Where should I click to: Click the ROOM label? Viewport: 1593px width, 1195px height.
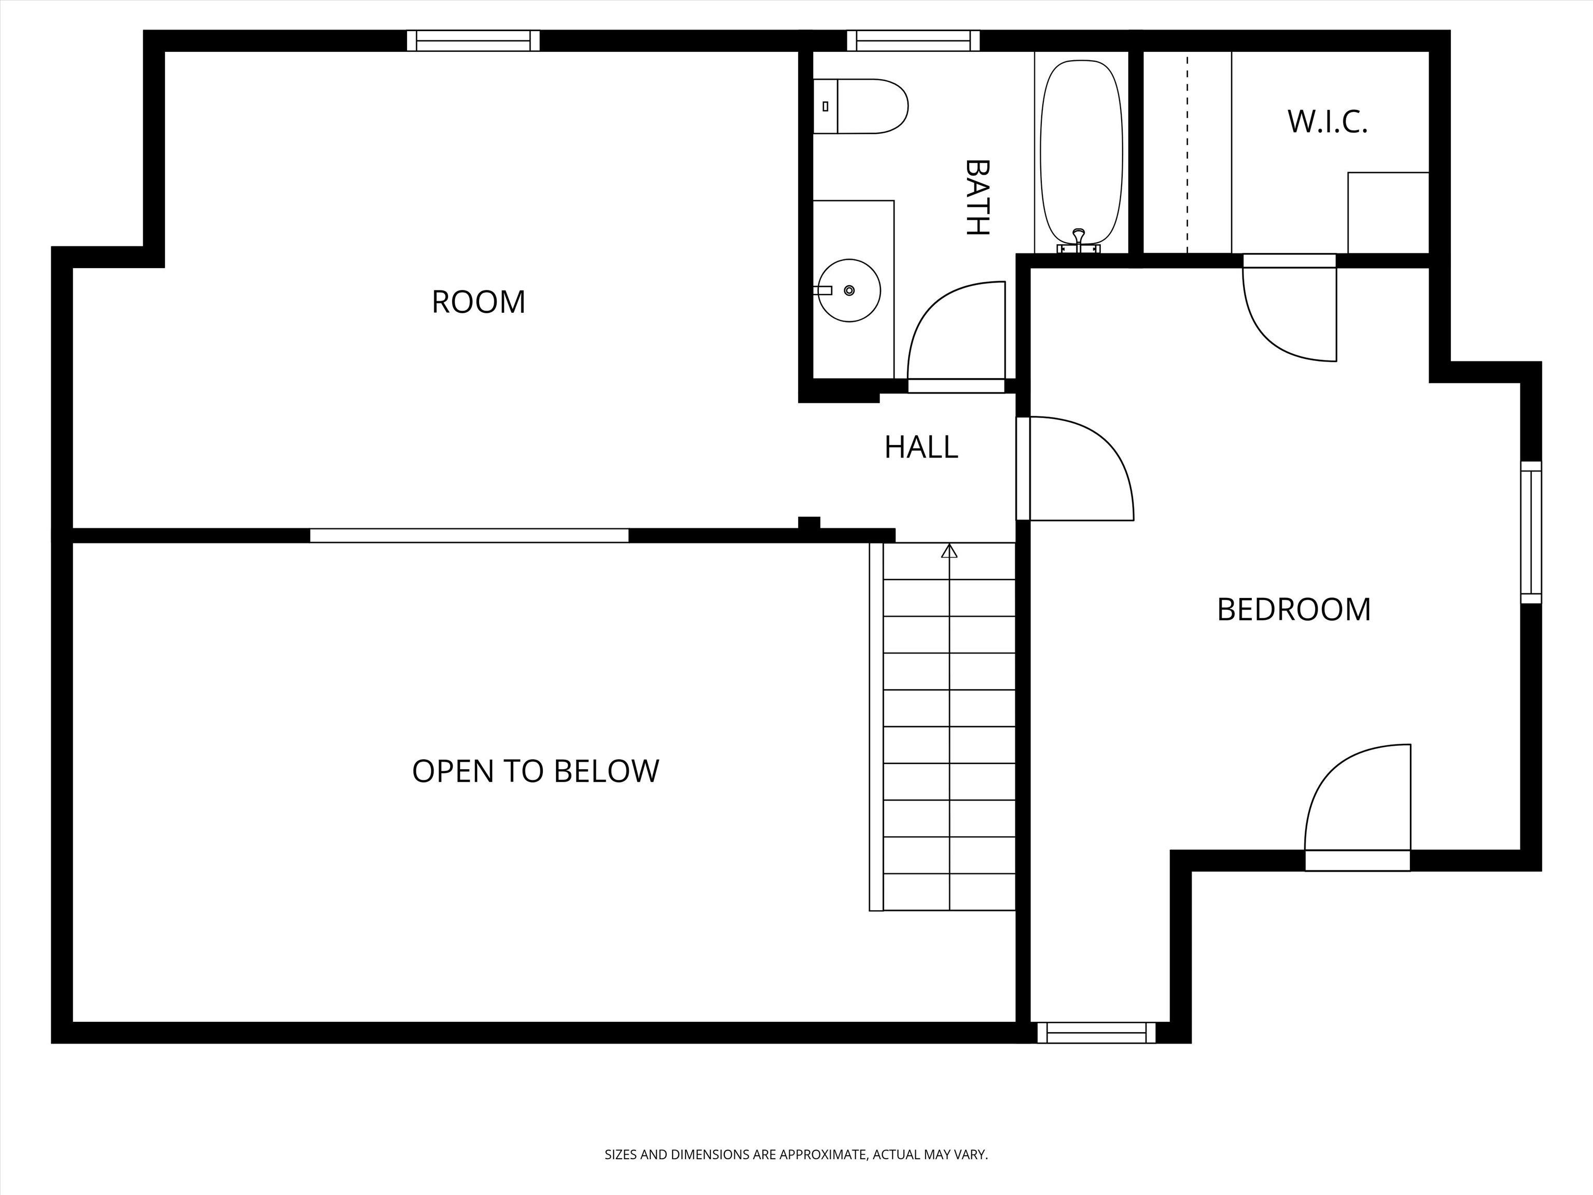pyautogui.click(x=478, y=302)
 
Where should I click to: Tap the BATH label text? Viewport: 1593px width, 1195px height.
pyautogui.click(x=977, y=198)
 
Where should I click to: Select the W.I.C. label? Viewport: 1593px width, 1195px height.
pyautogui.click(x=1327, y=122)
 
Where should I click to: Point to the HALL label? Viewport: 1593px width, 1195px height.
pyautogui.click(x=921, y=447)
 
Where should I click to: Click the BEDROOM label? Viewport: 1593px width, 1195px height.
pyautogui.click(x=1293, y=609)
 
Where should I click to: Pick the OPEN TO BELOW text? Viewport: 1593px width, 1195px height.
pyautogui.click(x=535, y=771)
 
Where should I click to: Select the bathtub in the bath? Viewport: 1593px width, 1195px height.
pyautogui.click(x=1082, y=152)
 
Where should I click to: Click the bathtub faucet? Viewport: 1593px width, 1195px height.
pyautogui.click(x=1078, y=241)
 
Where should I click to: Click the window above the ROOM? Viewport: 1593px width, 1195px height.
pyautogui.click(x=473, y=40)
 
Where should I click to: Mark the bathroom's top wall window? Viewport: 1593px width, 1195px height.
pyautogui.click(x=913, y=40)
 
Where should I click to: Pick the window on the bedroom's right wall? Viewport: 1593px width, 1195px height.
pyautogui.click(x=1531, y=532)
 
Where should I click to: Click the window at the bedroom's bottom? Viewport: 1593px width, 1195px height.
pyautogui.click(x=1096, y=1033)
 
